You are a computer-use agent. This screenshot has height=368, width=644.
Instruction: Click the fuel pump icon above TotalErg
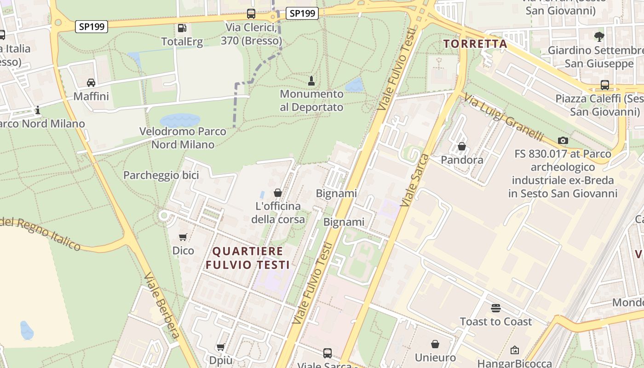(x=182, y=28)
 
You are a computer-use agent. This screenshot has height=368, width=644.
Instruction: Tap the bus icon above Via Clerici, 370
(x=251, y=14)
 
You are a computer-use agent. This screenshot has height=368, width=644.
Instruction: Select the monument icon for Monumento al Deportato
(x=311, y=81)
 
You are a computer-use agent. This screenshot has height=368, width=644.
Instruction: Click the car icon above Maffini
(x=91, y=83)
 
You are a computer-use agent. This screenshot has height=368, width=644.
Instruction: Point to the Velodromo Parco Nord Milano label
(x=183, y=138)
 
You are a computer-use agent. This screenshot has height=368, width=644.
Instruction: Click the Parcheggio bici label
(x=161, y=175)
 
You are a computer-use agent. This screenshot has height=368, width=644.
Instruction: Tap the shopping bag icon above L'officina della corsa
(x=278, y=193)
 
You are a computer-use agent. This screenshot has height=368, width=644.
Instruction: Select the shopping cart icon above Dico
(x=183, y=237)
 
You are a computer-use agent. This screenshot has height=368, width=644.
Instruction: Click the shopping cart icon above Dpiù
(x=221, y=347)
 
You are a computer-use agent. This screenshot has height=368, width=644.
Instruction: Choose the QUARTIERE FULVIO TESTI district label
(x=247, y=258)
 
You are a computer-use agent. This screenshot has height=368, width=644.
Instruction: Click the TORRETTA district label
(x=475, y=44)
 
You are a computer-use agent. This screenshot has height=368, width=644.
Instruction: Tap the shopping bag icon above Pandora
(x=462, y=146)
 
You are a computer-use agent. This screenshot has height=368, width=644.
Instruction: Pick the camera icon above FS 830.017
(x=563, y=140)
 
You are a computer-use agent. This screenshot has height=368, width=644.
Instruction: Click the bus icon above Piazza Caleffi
(x=604, y=85)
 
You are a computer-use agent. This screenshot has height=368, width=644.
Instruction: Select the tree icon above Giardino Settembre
(x=599, y=36)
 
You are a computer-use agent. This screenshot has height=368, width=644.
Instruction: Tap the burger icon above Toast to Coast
(x=495, y=308)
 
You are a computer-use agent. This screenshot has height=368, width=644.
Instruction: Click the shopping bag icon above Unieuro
(x=435, y=344)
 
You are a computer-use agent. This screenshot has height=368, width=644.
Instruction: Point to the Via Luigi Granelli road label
(x=503, y=118)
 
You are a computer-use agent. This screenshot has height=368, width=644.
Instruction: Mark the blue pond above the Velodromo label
(x=180, y=121)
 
